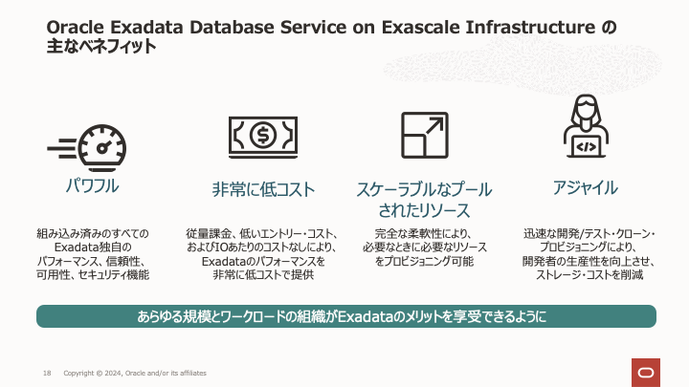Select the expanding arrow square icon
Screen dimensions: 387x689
423,134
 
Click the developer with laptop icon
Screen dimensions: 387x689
584,126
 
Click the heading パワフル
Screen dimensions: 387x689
92,186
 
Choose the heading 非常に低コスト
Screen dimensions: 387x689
263,189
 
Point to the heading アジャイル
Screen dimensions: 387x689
585,187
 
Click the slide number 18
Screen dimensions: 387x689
46,372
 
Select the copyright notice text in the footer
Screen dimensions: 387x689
134,372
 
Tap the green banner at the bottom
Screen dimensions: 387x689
344,316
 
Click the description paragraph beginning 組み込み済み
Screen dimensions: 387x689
92,253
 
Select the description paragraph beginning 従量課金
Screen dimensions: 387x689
262,253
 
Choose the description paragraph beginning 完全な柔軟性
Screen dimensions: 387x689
423,247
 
